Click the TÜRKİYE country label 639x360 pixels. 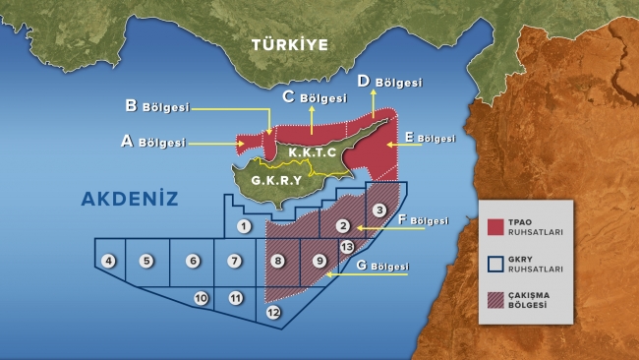coord(286,45)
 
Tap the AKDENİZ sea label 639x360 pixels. coord(130,199)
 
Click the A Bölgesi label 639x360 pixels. coord(152,142)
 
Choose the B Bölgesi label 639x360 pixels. coord(156,106)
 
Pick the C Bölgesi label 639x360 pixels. coord(314,97)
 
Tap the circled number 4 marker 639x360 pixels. coord(108,261)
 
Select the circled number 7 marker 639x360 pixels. coord(233,261)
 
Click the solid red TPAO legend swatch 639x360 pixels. coord(496,227)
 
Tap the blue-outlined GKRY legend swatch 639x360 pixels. coord(496,264)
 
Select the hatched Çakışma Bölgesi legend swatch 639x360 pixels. coord(496,301)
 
